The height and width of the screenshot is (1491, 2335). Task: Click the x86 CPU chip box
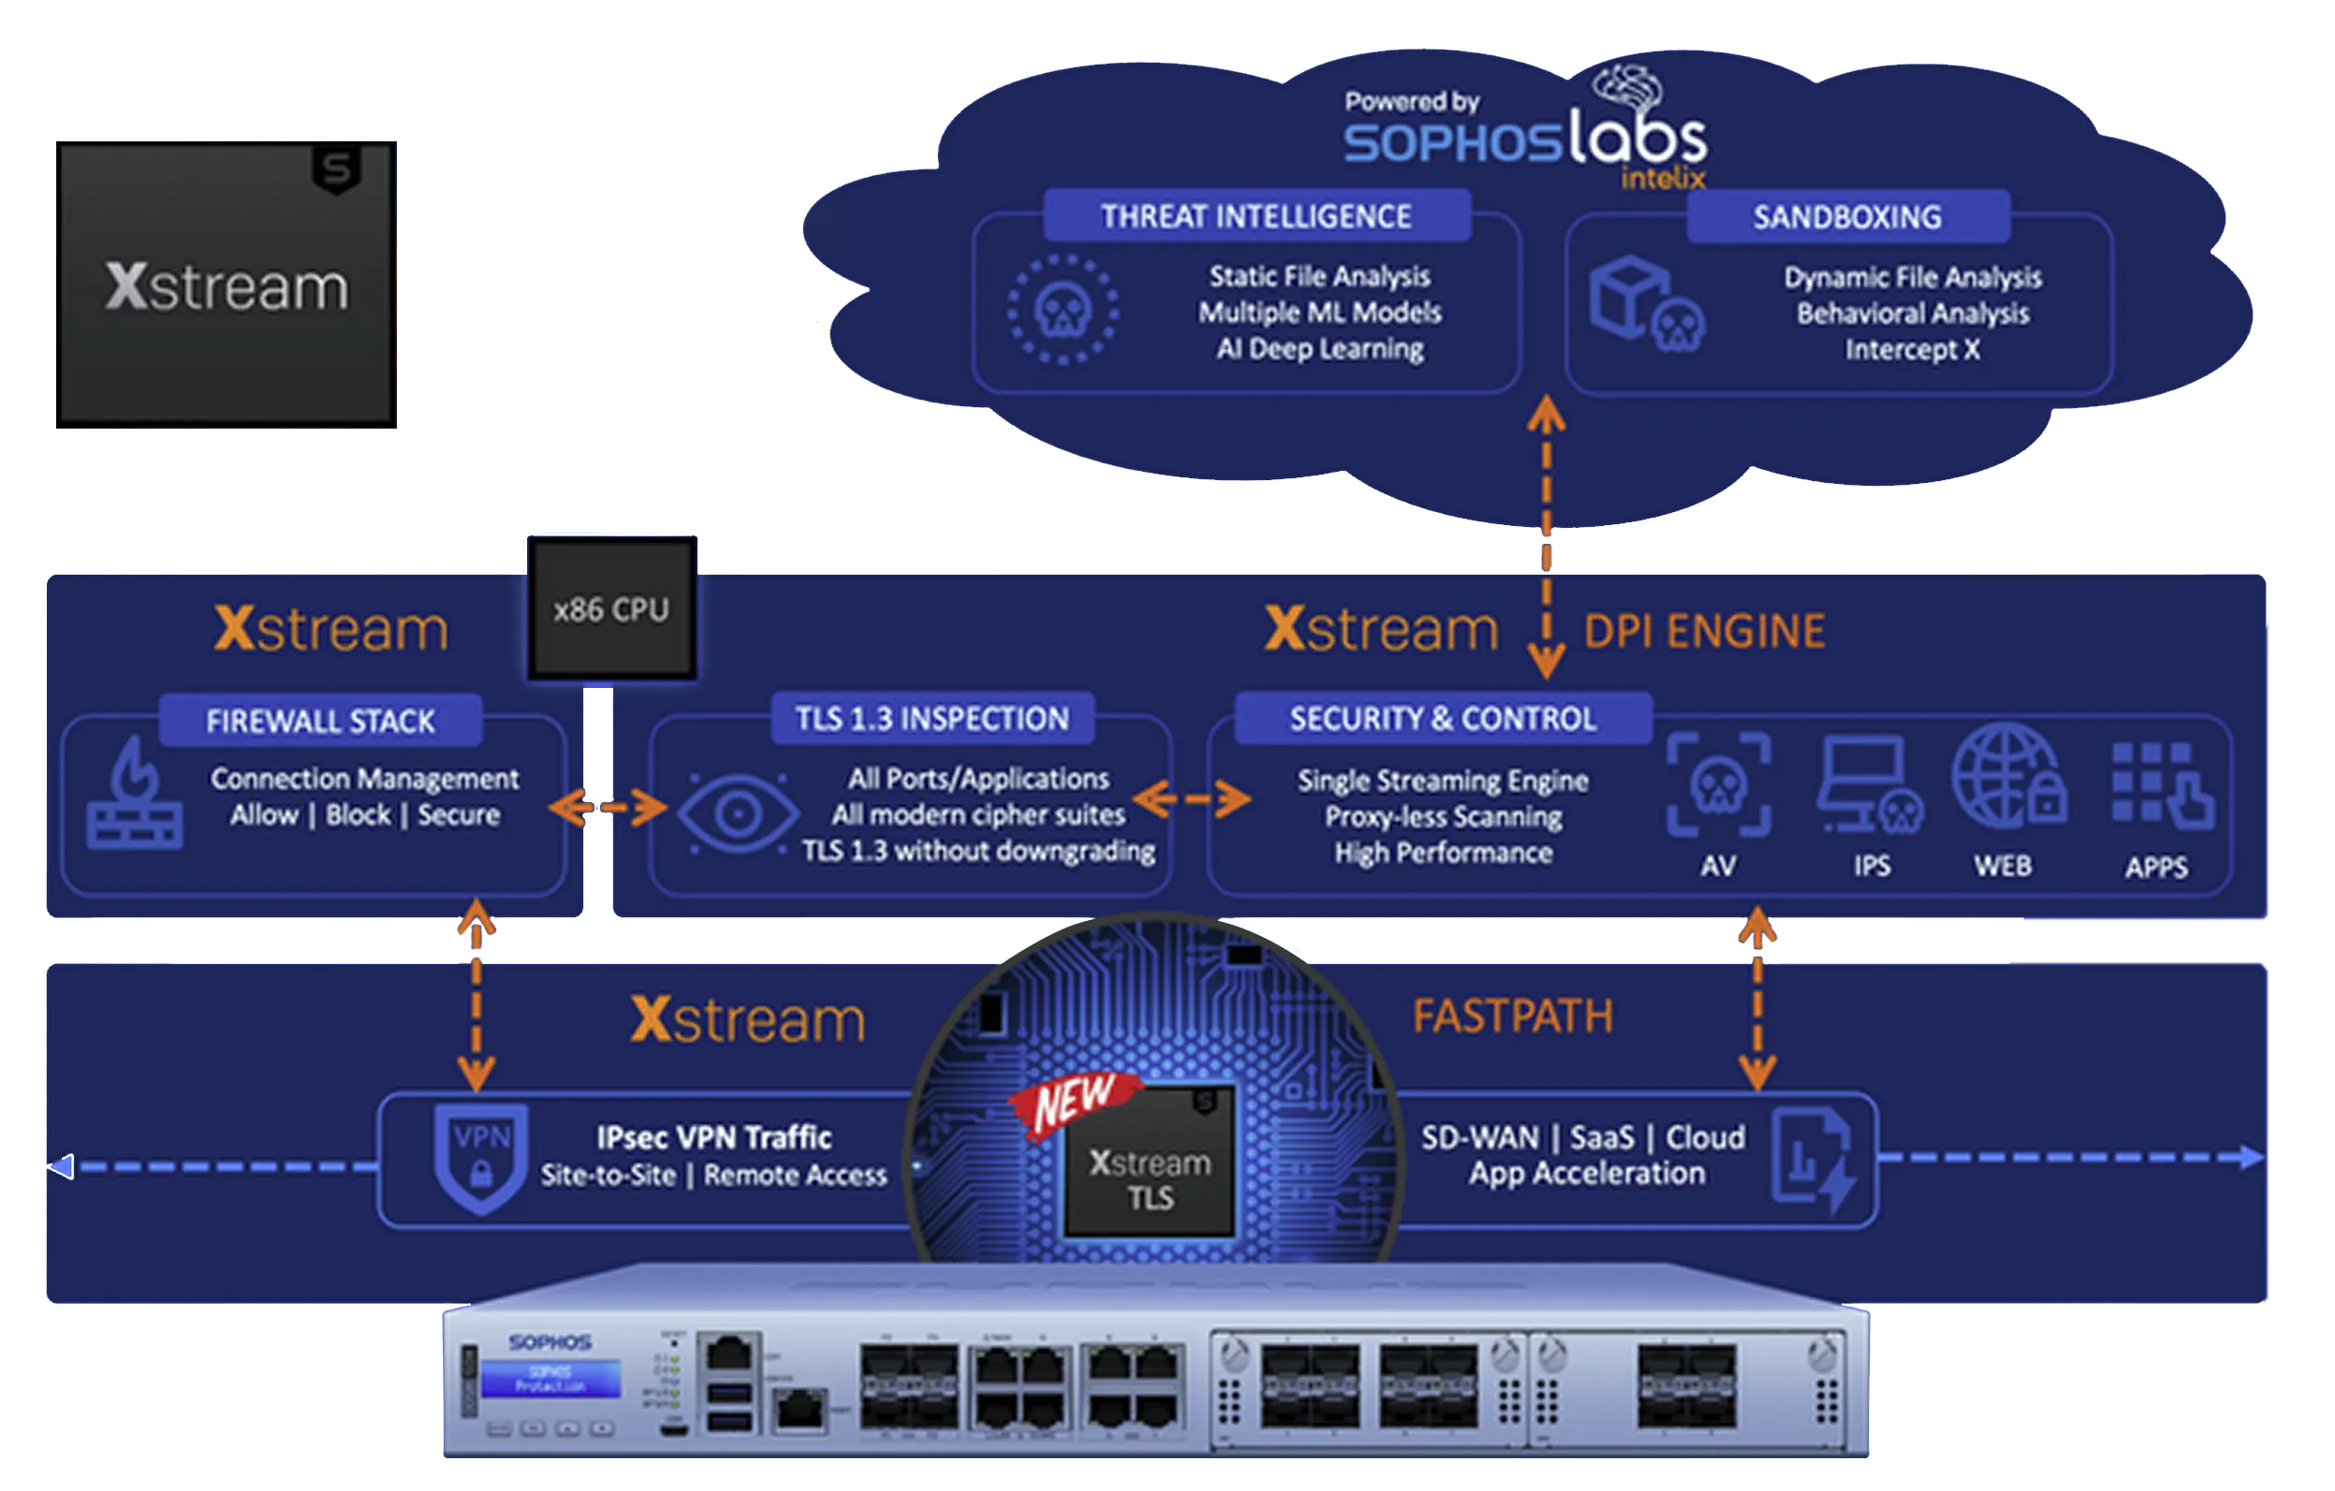click(610, 608)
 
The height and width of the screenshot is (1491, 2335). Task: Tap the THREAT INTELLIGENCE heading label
click(1256, 216)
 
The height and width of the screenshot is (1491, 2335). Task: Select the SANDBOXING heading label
click(1847, 217)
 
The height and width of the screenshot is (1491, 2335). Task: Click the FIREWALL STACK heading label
click(320, 722)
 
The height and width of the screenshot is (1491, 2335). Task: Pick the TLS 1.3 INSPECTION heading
click(932, 718)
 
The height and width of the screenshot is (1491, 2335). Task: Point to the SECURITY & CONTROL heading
click(1442, 718)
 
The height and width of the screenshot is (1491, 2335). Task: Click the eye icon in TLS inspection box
click(737, 813)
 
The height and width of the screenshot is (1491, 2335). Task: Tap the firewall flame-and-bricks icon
click(134, 795)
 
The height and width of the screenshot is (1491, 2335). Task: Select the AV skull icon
click(1718, 785)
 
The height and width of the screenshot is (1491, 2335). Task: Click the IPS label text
click(1872, 866)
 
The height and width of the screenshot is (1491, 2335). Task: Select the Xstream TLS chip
click(1150, 1163)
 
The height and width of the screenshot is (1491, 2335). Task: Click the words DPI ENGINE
click(1704, 631)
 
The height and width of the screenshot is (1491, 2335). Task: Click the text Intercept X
click(1911, 349)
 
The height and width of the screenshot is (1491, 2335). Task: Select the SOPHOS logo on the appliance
click(549, 1341)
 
